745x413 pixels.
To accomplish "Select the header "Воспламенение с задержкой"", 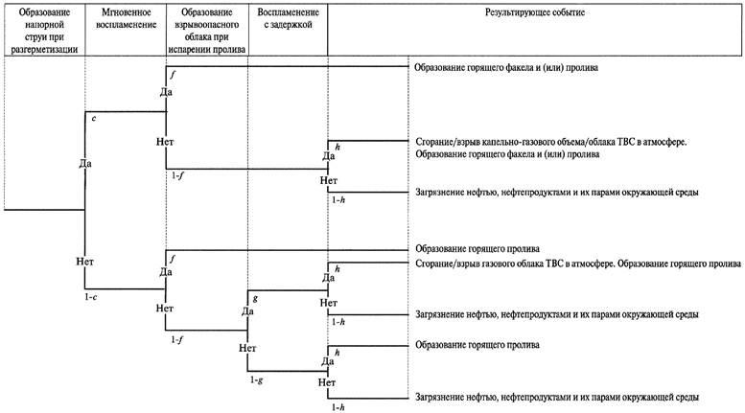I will point(287,20).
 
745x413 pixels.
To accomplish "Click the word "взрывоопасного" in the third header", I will point(206,28).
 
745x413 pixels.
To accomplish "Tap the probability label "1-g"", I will point(255,380).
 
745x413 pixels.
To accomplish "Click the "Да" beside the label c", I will point(85,164).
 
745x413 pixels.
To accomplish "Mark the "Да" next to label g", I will point(247,310).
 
